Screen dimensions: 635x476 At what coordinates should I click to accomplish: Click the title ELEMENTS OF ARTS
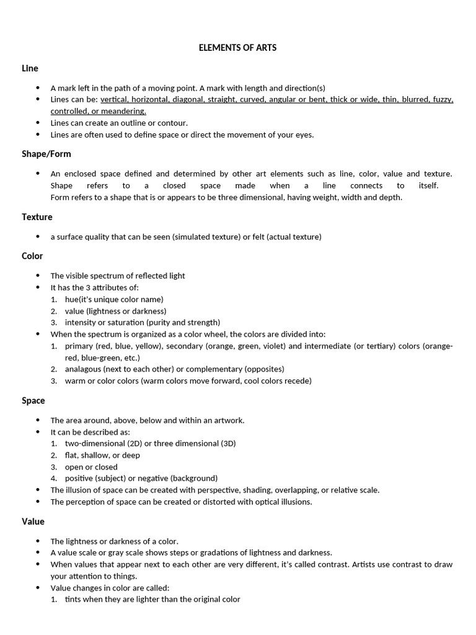[237, 47]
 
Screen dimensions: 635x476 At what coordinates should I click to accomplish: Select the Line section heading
[30, 68]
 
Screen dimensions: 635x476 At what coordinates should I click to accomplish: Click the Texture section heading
[37, 217]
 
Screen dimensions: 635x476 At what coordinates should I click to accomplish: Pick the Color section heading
[32, 256]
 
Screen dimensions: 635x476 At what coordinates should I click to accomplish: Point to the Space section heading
[33, 401]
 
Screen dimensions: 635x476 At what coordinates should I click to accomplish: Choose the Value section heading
[33, 522]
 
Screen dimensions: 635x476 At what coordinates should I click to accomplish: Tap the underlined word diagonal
[187, 100]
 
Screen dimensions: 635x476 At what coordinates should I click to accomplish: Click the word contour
[174, 123]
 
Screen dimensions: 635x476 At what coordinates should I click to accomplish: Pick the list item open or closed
[91, 467]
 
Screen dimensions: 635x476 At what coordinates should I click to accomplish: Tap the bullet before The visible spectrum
[38, 276]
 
